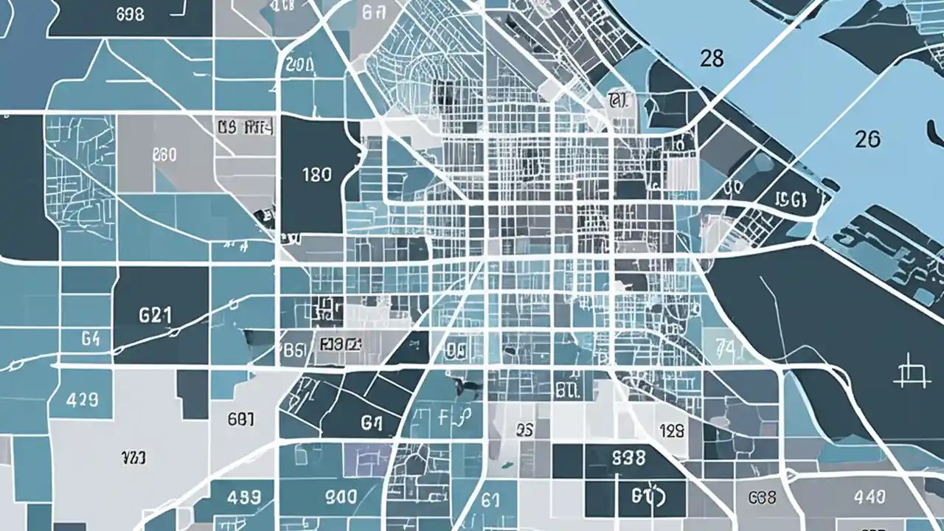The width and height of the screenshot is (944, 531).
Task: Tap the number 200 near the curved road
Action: point(299,65)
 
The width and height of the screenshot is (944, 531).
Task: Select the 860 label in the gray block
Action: point(164,155)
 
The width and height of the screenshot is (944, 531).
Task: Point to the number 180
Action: point(317,176)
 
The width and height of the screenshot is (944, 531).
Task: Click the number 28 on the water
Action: point(712,59)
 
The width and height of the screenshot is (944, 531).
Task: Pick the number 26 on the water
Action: point(868,139)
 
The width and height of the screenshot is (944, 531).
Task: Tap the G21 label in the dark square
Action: point(155,315)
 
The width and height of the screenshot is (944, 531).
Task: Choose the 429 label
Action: point(83,400)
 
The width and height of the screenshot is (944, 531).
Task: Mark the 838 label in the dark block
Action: point(628,457)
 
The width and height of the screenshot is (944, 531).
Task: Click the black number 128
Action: point(672,431)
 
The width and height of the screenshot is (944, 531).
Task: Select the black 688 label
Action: point(762,498)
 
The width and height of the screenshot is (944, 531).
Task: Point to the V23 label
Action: point(133,458)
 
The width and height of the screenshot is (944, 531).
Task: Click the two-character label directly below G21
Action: point(90,339)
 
